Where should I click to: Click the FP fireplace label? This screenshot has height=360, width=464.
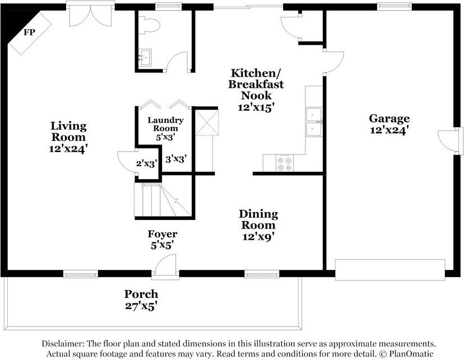pyautogui.click(x=29, y=32)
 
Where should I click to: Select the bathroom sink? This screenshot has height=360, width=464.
pyautogui.click(x=145, y=57)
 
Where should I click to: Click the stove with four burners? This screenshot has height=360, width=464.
pyautogui.click(x=285, y=163)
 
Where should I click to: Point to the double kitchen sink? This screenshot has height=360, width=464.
pyautogui.click(x=314, y=122)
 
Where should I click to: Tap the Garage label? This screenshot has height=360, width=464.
pyautogui.click(x=389, y=119)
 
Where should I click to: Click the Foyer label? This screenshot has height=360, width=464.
pyautogui.click(x=163, y=234)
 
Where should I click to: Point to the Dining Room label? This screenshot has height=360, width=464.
pyautogui.click(x=258, y=219)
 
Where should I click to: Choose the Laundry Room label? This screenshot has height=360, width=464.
pyautogui.click(x=165, y=124)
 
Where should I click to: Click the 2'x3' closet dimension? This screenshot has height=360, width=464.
pyautogui.click(x=146, y=163)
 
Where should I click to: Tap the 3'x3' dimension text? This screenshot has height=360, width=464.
pyautogui.click(x=176, y=160)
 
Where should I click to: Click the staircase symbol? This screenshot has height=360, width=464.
pyautogui.click(x=163, y=200)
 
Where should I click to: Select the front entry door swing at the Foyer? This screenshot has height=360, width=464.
pyautogui.click(x=165, y=265)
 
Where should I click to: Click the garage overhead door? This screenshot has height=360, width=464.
pyautogui.click(x=390, y=270)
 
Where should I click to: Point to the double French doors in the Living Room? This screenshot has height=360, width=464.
pyautogui.click(x=90, y=15)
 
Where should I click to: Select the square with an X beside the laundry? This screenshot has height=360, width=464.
pyautogui.click(x=207, y=123)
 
